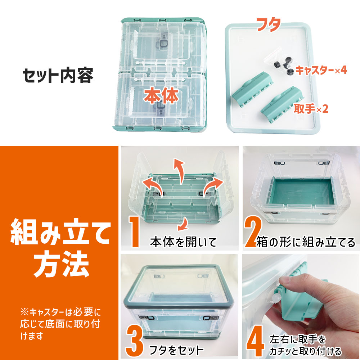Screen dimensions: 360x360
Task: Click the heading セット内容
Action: [58, 76]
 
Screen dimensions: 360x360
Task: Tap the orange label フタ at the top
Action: [269, 24]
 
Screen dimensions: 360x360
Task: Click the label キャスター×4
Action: [321, 70]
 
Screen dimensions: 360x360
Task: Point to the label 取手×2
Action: [311, 109]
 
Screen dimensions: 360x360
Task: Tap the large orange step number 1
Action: [134, 231]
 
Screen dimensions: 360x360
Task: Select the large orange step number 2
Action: [253, 232]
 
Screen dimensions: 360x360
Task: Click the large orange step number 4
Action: [255, 341]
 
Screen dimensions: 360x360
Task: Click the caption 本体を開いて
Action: [184, 242]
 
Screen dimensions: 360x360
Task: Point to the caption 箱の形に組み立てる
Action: [306, 242]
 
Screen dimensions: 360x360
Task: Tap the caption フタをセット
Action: [176, 350]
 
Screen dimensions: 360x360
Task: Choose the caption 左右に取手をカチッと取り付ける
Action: [305, 345]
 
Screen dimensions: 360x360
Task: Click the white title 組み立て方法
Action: [60, 248]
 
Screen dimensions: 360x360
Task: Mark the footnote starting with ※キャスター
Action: [60, 324]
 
